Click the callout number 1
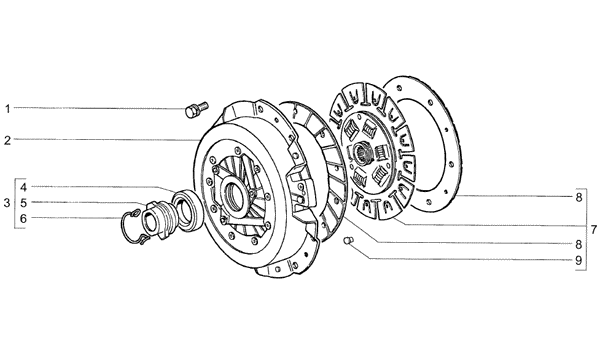coord(7,109)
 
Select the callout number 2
coord(8,140)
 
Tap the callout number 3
coord(7,203)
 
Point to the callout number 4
coord(23,187)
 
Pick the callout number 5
coord(23,203)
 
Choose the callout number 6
coord(23,218)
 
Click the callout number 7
coord(593,230)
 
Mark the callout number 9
coord(578,261)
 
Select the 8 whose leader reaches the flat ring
coord(578,197)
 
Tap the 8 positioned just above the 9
coord(578,244)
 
